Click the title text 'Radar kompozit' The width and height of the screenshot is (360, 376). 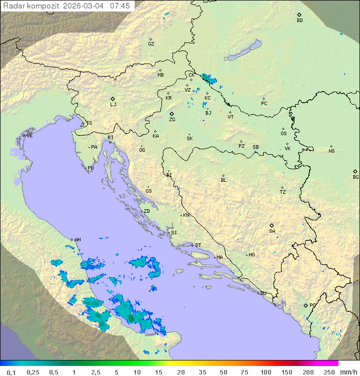pos(31,6)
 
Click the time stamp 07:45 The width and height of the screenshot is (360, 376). pos(119,6)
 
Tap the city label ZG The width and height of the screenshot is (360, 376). pos(172,120)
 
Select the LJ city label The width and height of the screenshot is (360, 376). pos(113,105)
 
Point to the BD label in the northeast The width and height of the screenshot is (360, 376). pos(299,21)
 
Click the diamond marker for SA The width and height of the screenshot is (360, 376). pos(272,225)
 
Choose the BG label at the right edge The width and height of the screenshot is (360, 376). pos(355,177)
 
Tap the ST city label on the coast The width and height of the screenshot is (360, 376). pos(198,245)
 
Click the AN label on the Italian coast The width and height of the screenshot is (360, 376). pos(77,240)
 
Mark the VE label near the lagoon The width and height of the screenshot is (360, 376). pos(29,136)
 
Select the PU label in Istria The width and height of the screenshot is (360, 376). pos(90,168)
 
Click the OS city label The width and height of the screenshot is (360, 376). pos(283,134)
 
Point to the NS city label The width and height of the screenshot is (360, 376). pos(331,151)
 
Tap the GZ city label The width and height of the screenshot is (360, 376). pos(151,44)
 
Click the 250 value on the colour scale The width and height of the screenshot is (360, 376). pos(328,372)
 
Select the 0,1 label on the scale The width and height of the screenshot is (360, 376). pos(11,372)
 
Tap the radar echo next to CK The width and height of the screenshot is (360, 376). pos(207,78)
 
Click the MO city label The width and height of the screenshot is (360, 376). pos(251,255)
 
